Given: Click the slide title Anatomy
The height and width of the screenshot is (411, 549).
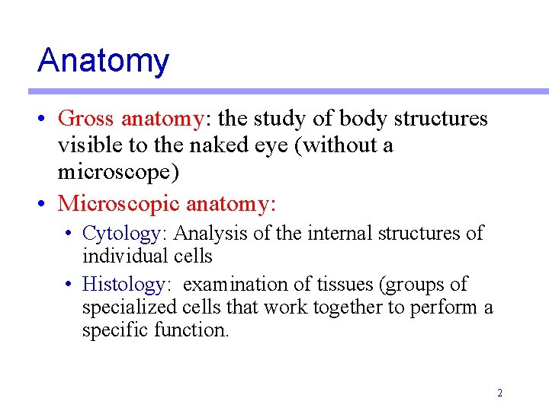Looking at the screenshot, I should click(x=103, y=61).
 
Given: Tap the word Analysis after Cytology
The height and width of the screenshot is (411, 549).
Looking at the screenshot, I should click(x=206, y=233).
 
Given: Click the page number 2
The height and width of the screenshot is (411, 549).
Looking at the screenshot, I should click(x=499, y=393).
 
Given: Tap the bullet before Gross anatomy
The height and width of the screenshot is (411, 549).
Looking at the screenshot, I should click(x=46, y=119).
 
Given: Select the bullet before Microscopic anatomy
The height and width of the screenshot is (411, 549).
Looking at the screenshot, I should click(x=46, y=204).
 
